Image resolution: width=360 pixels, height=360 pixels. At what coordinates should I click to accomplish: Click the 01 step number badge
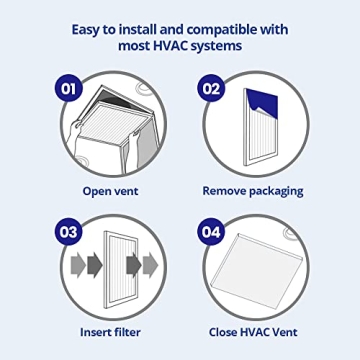coord(69,89)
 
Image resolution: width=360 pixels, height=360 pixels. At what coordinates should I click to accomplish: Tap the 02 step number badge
coord(211,89)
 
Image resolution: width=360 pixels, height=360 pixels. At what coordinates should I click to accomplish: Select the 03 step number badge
coord(69,232)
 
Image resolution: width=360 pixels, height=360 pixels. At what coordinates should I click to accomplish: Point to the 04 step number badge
coord(211,232)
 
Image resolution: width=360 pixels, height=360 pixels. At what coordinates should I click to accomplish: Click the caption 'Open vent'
coord(111,190)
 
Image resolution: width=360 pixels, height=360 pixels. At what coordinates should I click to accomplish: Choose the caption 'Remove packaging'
coord(252,190)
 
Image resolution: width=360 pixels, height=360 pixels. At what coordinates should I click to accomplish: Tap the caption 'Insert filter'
coord(111,332)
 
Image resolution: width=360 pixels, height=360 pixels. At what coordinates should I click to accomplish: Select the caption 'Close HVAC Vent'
coord(252,332)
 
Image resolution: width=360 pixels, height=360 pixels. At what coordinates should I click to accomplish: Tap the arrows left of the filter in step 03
coord(84,265)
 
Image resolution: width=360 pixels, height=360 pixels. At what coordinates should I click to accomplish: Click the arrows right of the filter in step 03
coord(146,265)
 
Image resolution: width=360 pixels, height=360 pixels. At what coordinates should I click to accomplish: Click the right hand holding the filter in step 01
coord(140,150)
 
